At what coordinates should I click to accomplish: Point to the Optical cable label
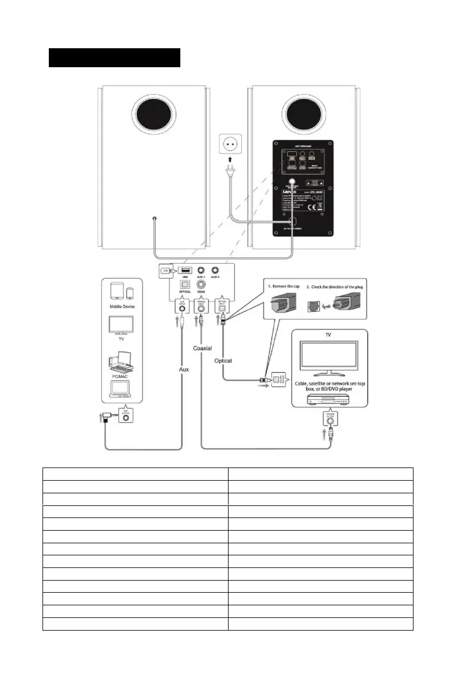pyautogui.click(x=223, y=361)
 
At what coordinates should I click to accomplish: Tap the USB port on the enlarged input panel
pyautogui.click(x=185, y=270)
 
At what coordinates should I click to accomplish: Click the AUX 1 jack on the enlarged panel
pyautogui.click(x=201, y=269)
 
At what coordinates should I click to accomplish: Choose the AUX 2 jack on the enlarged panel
pyautogui.click(x=217, y=269)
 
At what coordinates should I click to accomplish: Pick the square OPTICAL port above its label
pyautogui.click(x=185, y=285)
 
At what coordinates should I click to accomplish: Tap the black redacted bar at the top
pyautogui.click(x=114, y=58)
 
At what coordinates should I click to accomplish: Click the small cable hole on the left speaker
pyautogui.click(x=155, y=219)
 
